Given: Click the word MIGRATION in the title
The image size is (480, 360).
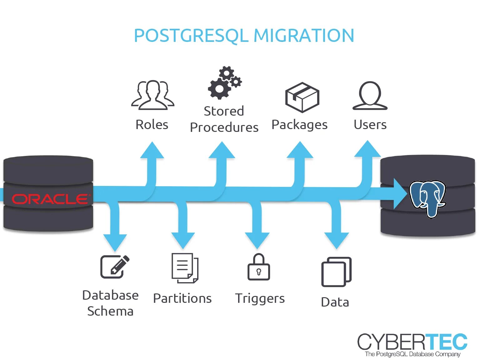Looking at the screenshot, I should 304,36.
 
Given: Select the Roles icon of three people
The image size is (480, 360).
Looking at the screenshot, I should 152,95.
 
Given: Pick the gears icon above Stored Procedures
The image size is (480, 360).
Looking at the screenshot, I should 225,83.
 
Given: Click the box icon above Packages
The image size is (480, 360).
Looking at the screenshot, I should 302,97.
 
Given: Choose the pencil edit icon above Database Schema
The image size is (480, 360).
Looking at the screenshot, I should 115,267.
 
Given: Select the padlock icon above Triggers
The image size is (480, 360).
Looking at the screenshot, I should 259,267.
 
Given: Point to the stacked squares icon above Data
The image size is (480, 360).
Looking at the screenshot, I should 336,272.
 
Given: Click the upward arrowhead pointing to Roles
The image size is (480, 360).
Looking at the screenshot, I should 152,150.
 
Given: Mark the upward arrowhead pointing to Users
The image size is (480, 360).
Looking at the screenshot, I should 367,149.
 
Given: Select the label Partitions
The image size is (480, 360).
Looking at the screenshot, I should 182,298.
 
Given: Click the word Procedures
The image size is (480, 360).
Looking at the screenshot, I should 224,127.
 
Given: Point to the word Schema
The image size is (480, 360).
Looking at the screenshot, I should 110,311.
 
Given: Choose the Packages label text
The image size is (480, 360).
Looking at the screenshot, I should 299,125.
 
